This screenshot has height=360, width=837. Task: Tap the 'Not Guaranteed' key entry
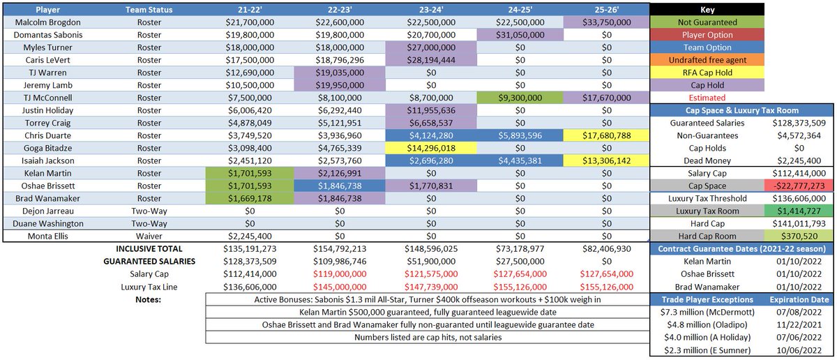click(x=707, y=22)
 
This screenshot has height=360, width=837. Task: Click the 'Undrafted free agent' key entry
click(x=707, y=60)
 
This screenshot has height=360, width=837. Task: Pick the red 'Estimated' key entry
click(x=707, y=98)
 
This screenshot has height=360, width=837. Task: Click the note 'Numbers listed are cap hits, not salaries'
click(x=426, y=337)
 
